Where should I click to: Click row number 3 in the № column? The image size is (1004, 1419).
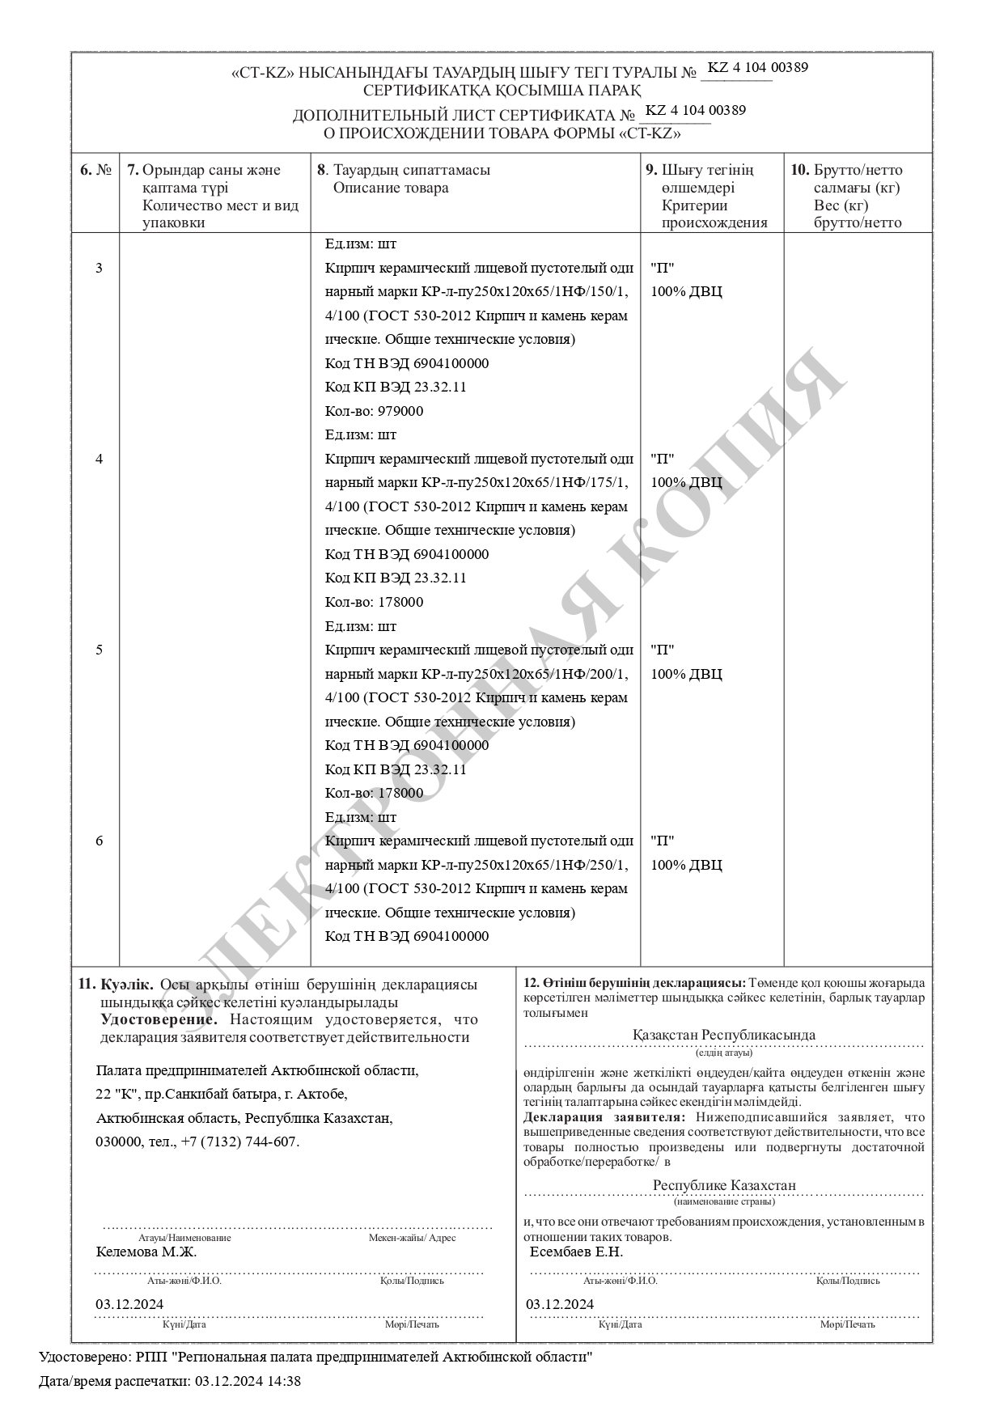pos(99,268)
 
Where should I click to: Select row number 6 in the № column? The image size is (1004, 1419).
pos(99,841)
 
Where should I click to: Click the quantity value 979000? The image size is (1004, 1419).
pos(400,411)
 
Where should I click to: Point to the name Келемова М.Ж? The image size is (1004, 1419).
pos(146,1252)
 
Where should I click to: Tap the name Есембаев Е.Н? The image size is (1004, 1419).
pos(576,1252)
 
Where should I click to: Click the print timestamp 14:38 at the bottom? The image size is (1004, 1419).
pos(287,1381)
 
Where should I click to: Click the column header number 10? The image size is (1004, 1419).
pos(799,171)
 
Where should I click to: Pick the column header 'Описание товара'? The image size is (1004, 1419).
pos(391,188)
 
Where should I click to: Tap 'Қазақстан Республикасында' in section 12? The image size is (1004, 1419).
pos(723,1035)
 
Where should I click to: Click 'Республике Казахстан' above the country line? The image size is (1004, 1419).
pos(724,1185)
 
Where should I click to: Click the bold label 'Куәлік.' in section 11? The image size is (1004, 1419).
pos(126,985)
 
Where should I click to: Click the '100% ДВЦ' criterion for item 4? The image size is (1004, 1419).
pos(686,483)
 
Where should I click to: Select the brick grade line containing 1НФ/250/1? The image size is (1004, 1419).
pos(477,865)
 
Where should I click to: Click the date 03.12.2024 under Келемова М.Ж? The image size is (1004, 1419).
pos(129,1304)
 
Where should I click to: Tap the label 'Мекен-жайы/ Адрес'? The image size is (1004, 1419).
pos(412,1238)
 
